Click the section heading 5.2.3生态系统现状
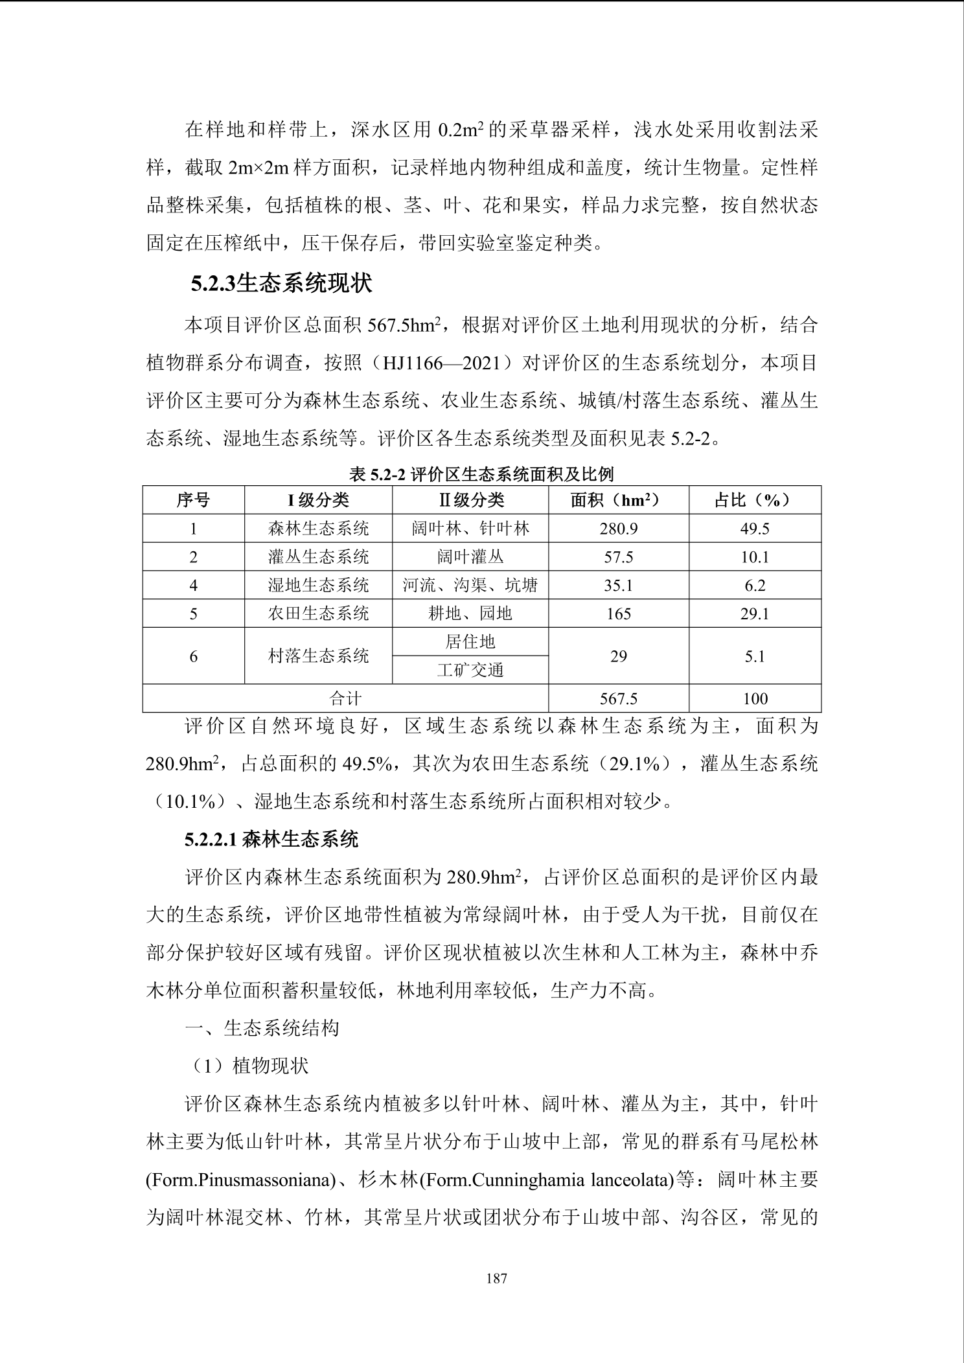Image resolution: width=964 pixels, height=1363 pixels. pyautogui.click(x=281, y=284)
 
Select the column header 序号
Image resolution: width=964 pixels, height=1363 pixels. pyautogui.click(x=193, y=500)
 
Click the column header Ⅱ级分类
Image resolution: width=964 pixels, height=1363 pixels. pyautogui.click(x=470, y=500)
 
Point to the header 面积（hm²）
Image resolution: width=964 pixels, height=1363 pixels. pyautogui.click(x=618, y=500)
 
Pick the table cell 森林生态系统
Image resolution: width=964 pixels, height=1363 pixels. pyautogui.click(x=318, y=529)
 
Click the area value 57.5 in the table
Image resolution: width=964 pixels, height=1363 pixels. pyautogui.click(x=618, y=557)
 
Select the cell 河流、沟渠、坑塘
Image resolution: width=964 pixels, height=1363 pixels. pyautogui.click(x=470, y=586)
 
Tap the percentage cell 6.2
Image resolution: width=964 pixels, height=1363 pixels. pyautogui.click(x=755, y=586)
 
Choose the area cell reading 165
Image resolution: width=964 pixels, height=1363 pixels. pyautogui.click(x=618, y=613)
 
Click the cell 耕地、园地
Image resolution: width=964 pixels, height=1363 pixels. pyautogui.click(x=470, y=613)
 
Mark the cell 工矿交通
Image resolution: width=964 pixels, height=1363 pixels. pyautogui.click(x=470, y=670)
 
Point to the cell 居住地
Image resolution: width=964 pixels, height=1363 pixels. pyautogui.click(x=470, y=642)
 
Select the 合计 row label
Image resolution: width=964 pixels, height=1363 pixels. pyautogui.click(x=345, y=699)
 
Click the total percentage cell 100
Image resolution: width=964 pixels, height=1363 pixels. pyautogui.click(x=755, y=699)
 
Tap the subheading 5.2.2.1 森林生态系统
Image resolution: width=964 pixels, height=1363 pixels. pyautogui.click(x=271, y=840)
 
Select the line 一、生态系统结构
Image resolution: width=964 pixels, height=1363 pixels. pyautogui.click(x=262, y=1028)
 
